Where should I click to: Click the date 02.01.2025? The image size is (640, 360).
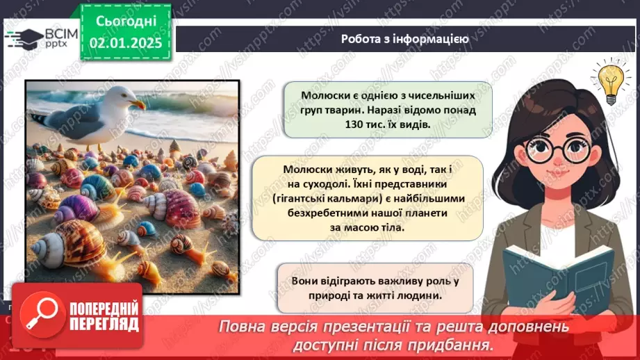125,43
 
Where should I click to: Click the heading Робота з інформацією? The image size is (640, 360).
404,39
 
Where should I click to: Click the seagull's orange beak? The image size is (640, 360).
138,104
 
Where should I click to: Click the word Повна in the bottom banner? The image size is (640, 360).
244,326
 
